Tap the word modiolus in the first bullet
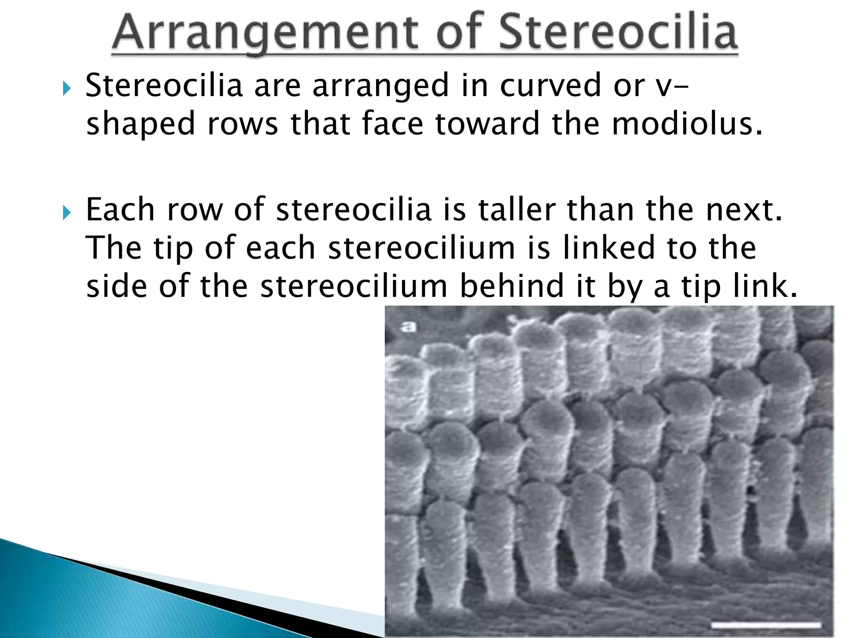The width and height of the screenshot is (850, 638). (x=687, y=124)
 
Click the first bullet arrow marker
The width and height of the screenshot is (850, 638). (x=66, y=88)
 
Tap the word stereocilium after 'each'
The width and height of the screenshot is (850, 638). (x=421, y=248)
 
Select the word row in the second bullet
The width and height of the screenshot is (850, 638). (x=195, y=210)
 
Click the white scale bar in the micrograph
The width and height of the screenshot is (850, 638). (x=766, y=625)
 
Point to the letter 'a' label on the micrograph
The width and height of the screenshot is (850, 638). (x=408, y=326)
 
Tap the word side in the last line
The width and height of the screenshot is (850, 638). (x=117, y=286)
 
